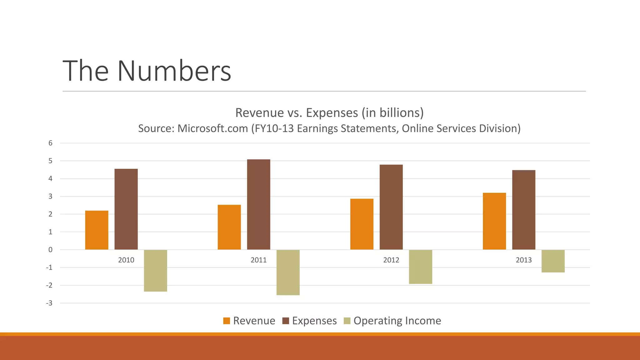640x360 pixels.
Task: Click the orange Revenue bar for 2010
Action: [x=97, y=230]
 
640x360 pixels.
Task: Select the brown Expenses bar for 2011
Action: [x=258, y=204]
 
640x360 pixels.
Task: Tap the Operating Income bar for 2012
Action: [x=420, y=267]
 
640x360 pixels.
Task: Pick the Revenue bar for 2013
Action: [x=494, y=221]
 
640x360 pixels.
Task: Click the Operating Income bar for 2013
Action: [x=553, y=261]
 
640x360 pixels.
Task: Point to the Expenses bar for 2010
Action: [x=126, y=209]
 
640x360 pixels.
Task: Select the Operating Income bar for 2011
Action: [x=288, y=272]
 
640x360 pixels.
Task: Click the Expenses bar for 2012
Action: [x=391, y=207]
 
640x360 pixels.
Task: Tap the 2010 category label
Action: [x=126, y=260]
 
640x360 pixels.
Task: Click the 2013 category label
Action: [x=523, y=260]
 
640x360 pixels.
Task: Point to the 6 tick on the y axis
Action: [x=50, y=143]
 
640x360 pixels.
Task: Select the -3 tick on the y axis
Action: [x=49, y=303]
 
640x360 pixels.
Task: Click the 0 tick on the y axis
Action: [x=50, y=250]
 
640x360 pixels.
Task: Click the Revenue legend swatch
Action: [x=227, y=321]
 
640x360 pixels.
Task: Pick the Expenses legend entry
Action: [x=314, y=321]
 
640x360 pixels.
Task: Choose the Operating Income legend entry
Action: [x=397, y=321]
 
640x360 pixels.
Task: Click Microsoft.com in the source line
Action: [x=212, y=128]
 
